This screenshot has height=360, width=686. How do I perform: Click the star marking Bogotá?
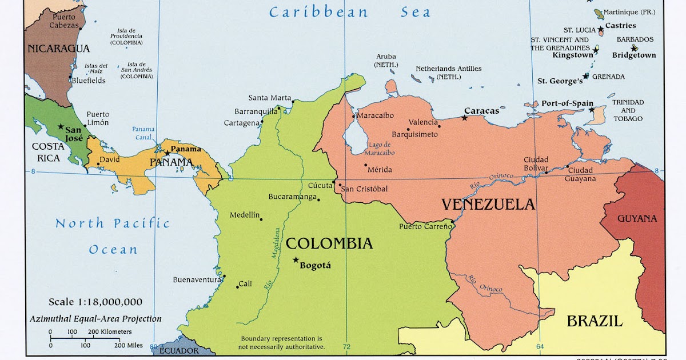coord(296,260)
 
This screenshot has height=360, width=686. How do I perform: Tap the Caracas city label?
coord(481,111)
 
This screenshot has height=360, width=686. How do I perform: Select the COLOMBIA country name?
coord(329,243)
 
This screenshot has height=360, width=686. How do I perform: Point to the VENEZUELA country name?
coord(488,205)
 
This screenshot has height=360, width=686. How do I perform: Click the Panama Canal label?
coord(143,133)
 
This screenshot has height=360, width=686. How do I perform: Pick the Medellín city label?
coord(245,215)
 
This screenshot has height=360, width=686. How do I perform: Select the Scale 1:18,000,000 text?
coord(95,302)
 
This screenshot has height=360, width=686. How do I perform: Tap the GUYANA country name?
coord(637,218)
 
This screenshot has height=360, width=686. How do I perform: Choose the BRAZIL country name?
coord(594,321)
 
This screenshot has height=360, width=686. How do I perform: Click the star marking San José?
coord(61,126)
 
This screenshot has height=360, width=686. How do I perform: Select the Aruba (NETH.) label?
coord(386,61)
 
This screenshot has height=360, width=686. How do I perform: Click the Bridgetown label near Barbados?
coord(633,55)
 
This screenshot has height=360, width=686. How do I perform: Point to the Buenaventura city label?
coord(197,280)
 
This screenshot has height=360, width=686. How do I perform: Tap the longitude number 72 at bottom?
coord(346,347)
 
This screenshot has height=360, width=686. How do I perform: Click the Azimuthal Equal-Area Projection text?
coord(95,319)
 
